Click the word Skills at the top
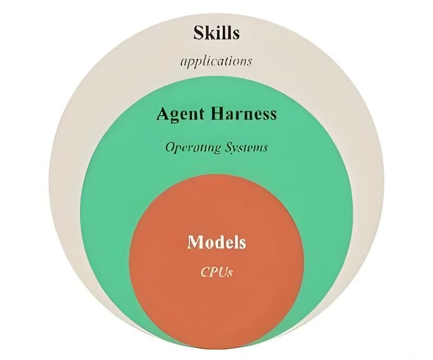(216, 33)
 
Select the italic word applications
(216, 61)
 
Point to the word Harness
(245, 114)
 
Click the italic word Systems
(243, 148)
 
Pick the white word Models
(216, 242)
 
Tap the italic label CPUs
(216, 272)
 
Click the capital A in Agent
(163, 114)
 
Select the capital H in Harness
(221, 114)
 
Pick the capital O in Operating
(169, 148)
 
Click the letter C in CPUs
(205, 272)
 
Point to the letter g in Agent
(175, 116)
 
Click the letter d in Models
(219, 242)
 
